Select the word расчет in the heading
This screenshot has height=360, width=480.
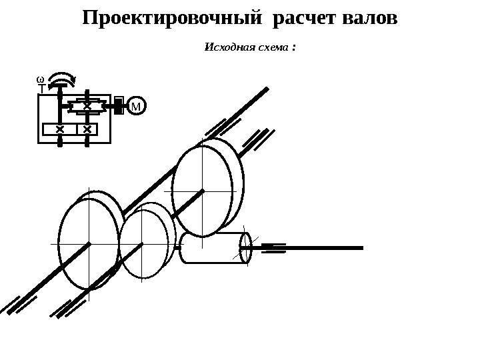[x=303, y=18]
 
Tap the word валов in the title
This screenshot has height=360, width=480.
[x=369, y=18]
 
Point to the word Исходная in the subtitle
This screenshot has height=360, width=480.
[x=225, y=48]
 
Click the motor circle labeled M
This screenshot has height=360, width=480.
[x=136, y=106]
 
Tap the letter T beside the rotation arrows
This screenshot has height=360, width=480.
[x=41, y=87]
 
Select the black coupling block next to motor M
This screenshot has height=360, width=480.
[x=118, y=105]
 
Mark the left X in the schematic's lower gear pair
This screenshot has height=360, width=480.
[x=60, y=128]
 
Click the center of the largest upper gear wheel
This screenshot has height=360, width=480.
[x=202, y=190]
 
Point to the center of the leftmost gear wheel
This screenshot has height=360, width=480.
[x=89, y=244]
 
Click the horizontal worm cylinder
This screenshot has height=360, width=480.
[x=213, y=247]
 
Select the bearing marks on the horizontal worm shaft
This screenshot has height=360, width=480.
[x=272, y=248]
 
